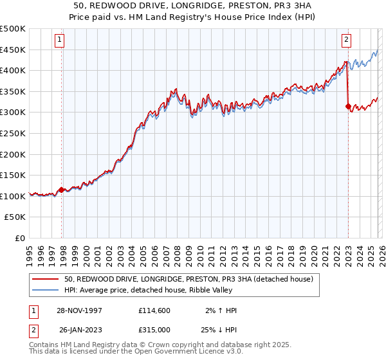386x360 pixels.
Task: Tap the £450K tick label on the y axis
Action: point(13,50)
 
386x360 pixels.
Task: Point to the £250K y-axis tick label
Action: point(13,134)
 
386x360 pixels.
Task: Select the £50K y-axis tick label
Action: point(15,218)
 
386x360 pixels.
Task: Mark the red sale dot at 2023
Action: point(348,106)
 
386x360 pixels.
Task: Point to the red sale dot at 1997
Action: point(62,190)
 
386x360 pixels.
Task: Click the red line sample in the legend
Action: point(46,279)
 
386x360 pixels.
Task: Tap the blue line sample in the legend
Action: point(46,290)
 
